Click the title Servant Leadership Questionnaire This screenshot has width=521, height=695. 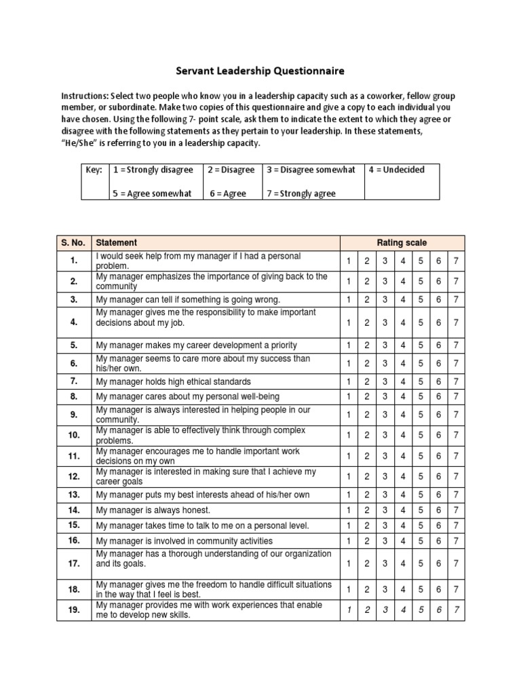(x=260, y=71)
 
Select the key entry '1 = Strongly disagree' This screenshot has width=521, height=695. (x=153, y=170)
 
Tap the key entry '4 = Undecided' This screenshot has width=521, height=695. (x=396, y=170)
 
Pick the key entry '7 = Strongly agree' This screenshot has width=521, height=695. (x=301, y=193)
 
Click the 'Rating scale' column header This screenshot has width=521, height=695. (x=402, y=242)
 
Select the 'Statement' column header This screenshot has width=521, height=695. (x=117, y=242)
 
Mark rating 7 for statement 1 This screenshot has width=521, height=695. (x=456, y=261)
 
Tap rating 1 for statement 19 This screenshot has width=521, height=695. (x=348, y=610)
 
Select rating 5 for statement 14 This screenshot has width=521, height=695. (x=420, y=510)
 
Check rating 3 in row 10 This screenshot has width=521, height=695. (x=384, y=434)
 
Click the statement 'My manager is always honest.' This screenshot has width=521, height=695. (x=153, y=510)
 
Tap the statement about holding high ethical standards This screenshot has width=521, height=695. (x=173, y=381)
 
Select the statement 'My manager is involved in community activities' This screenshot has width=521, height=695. (x=184, y=541)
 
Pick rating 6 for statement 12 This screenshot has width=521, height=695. (x=438, y=476)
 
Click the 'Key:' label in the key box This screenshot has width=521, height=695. (x=93, y=170)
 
